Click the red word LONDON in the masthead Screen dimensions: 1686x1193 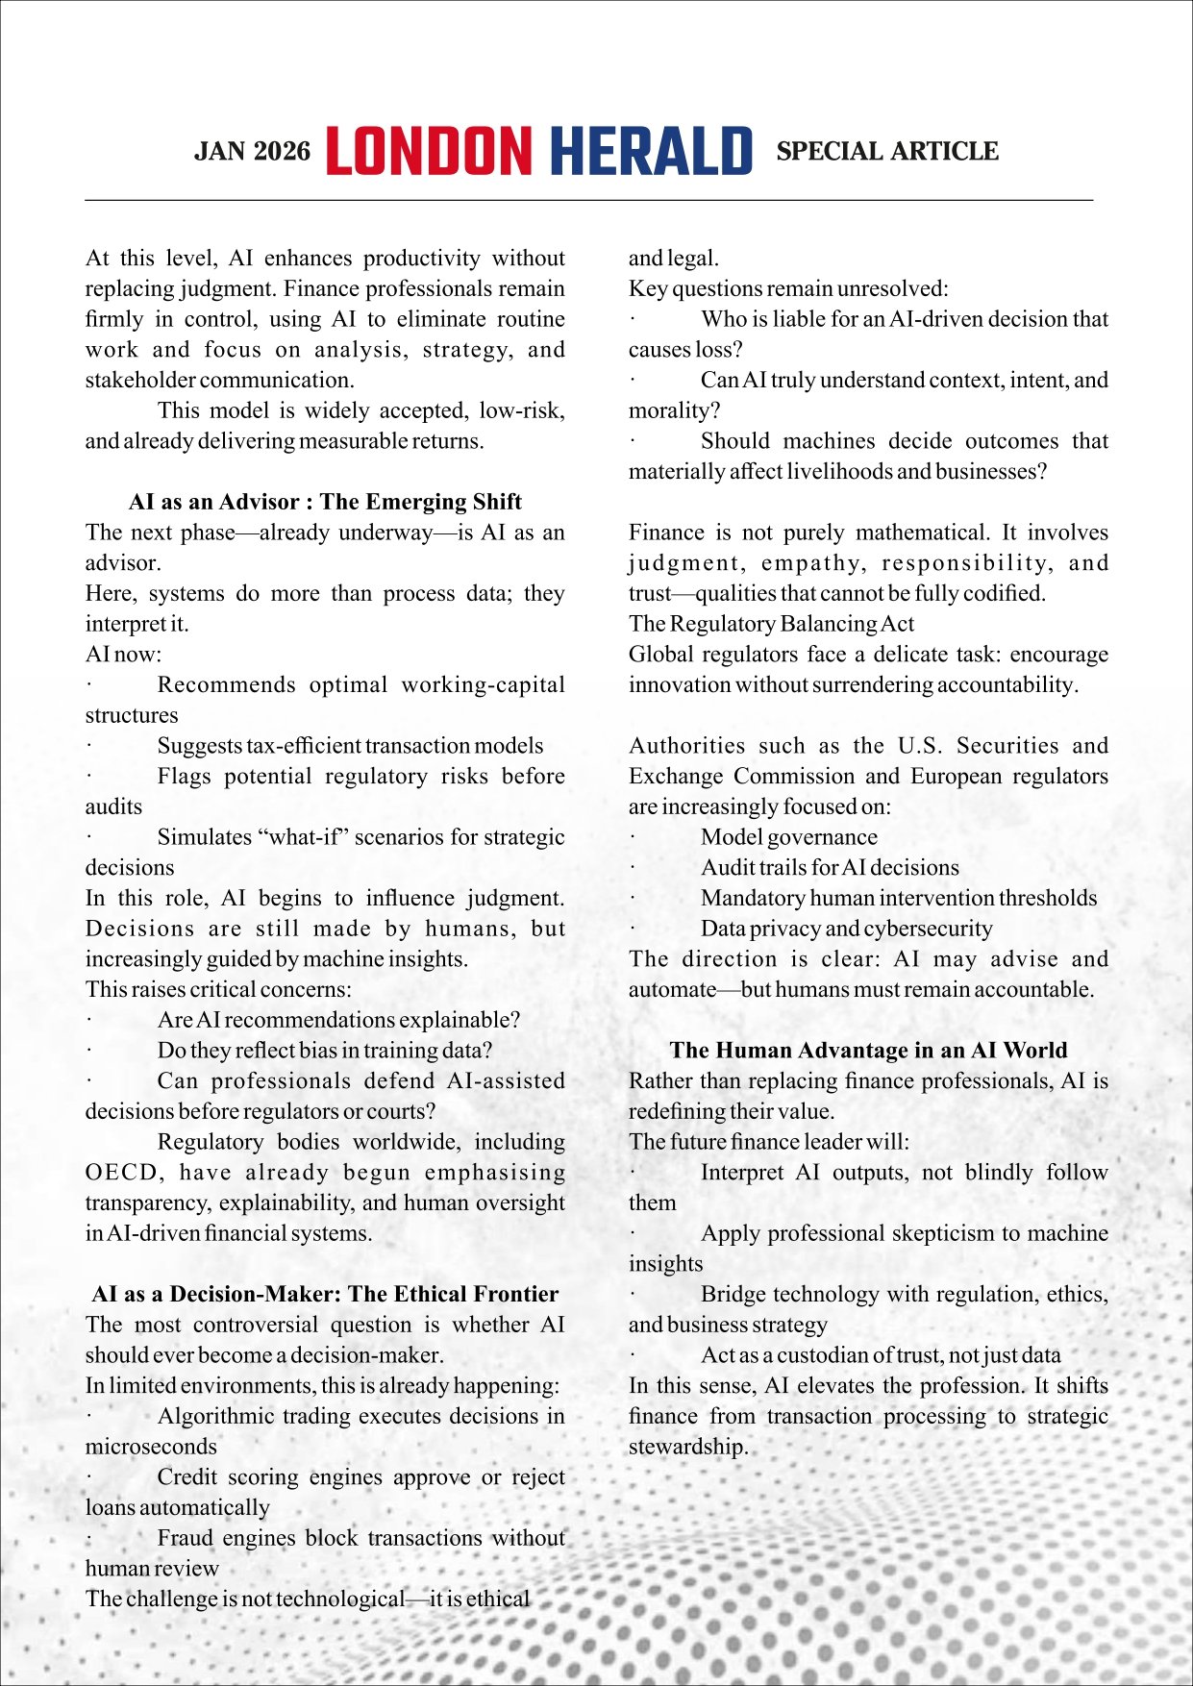tap(428, 151)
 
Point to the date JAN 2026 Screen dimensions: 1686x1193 tap(252, 152)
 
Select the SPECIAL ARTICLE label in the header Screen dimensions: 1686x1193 tap(886, 152)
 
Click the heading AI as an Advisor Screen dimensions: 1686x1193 tap(325, 502)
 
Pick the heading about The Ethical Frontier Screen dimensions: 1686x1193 tap(325, 1294)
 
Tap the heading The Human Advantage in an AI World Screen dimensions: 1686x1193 tap(868, 1050)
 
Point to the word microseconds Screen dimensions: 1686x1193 tap(151, 1447)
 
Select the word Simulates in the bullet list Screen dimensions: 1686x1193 tap(204, 837)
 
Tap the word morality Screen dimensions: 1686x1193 tap(672, 410)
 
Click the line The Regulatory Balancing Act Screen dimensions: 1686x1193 tap(771, 624)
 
